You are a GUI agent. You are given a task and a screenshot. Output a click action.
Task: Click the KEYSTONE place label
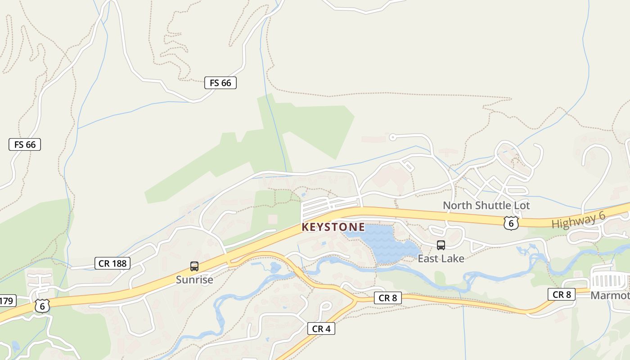333,227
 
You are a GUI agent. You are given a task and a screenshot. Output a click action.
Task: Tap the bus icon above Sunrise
194,266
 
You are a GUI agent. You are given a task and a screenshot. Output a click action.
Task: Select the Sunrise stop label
194,279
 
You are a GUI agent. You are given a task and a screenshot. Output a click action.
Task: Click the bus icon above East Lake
441,245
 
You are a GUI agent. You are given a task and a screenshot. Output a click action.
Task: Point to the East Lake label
441,258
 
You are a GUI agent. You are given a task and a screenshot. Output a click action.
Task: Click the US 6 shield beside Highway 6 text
511,223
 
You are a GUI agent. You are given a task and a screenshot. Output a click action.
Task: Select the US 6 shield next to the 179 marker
42,306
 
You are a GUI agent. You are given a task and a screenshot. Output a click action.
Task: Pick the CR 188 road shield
112,263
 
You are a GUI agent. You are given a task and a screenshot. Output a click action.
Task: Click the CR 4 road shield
321,329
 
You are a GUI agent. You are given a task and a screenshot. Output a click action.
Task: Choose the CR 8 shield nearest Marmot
562,294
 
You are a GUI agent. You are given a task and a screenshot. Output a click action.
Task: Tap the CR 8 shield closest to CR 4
387,298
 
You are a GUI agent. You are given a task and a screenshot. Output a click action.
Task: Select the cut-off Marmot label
610,296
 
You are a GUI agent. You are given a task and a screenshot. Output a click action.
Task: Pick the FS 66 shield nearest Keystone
220,83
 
